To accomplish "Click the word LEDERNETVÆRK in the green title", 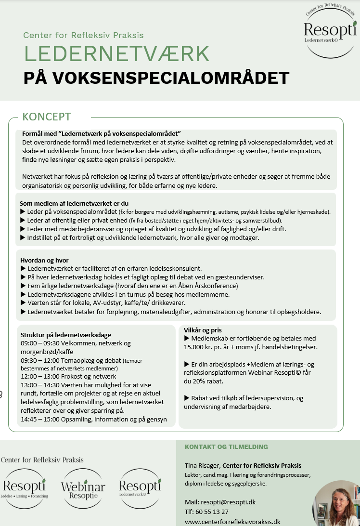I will pyautogui.click(x=117, y=54).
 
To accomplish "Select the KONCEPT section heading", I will pyautogui.click(x=47, y=117).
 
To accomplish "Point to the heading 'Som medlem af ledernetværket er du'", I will pyautogui.click(x=74, y=203).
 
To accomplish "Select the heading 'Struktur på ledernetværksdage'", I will pyautogui.click(x=66, y=335).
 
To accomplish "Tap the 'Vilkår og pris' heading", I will pyautogui.click(x=203, y=330).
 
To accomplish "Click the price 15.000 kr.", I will pyautogui.click(x=202, y=347).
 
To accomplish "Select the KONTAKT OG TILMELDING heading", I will pyautogui.click(x=226, y=447).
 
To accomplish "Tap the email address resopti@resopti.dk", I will pyautogui.click(x=229, y=502).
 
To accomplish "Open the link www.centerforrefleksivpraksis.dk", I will pyautogui.click(x=232, y=522).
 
